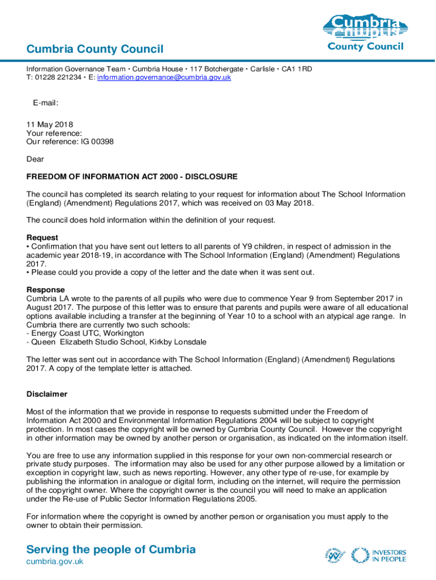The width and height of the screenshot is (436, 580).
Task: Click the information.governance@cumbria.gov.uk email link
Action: click(164, 78)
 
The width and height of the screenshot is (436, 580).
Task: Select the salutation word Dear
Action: click(35, 159)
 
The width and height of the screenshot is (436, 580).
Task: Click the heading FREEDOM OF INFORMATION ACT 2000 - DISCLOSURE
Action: click(132, 177)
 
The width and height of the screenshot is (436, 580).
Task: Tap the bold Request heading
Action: click(42, 237)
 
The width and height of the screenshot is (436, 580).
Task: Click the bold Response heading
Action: click(46, 289)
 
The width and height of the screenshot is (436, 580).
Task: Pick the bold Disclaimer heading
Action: click(47, 394)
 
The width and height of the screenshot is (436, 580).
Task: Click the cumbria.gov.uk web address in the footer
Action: click(55, 561)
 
